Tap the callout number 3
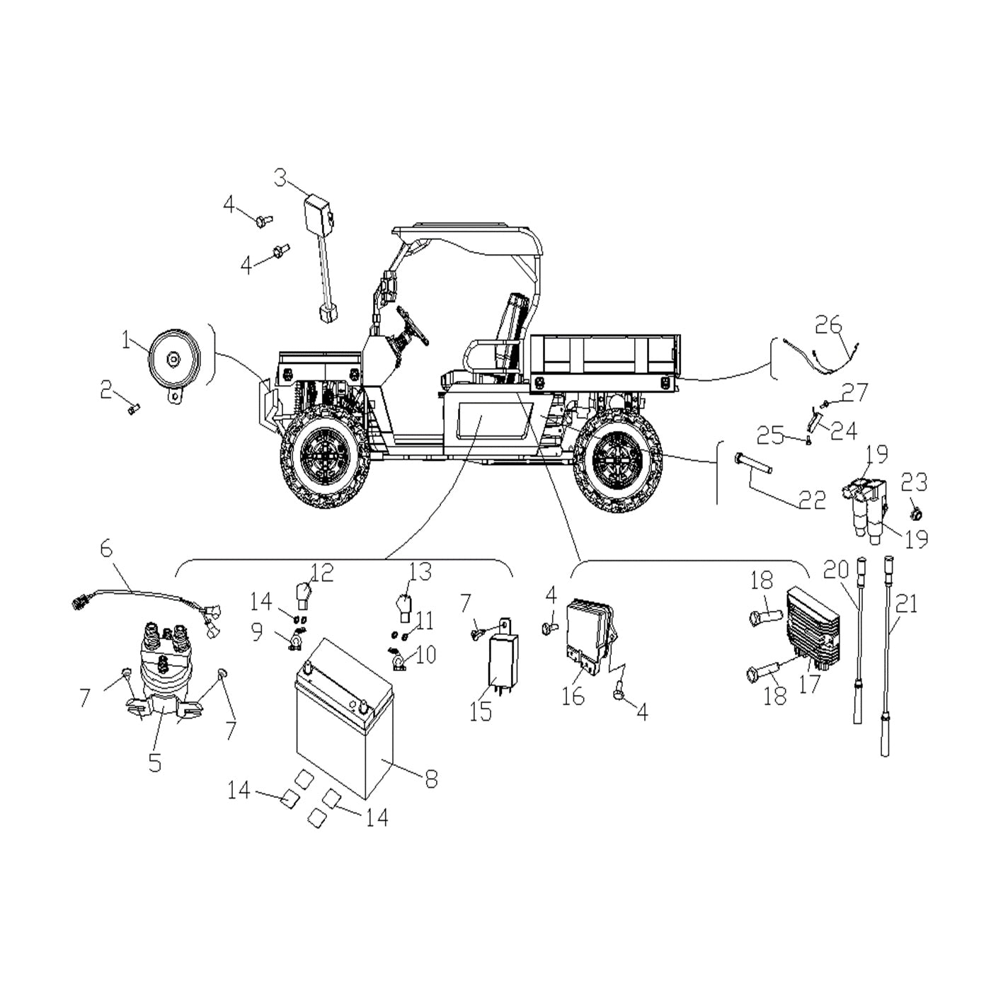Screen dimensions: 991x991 (x=280, y=178)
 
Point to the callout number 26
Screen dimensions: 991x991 (x=829, y=325)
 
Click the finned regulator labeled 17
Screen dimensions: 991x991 (x=813, y=629)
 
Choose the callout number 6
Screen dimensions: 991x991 (x=106, y=549)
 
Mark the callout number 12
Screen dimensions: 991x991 (x=322, y=573)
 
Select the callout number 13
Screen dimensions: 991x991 (x=420, y=572)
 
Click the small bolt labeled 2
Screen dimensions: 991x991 (x=134, y=409)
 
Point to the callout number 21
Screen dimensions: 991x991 (x=907, y=604)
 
